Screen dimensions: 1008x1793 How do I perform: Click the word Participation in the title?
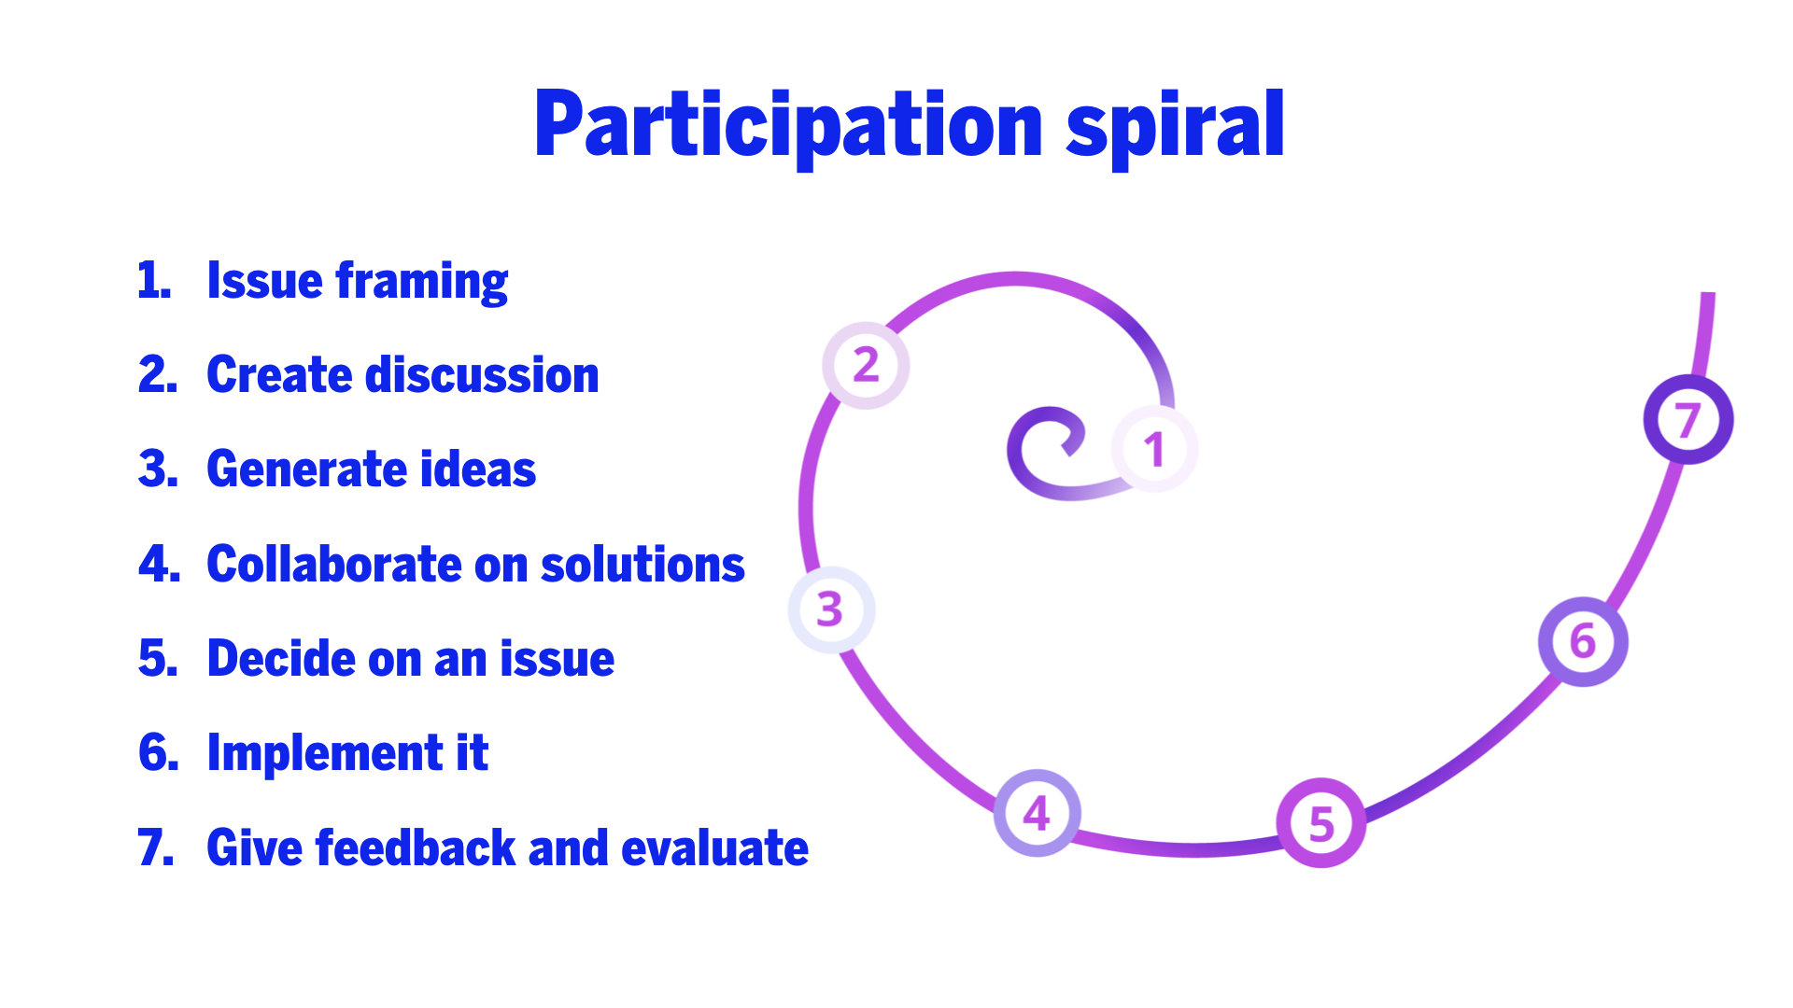788,126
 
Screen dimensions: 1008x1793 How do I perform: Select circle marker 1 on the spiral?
1154,449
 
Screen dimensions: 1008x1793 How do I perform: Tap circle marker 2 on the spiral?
866,365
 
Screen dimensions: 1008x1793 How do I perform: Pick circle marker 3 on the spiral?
831,609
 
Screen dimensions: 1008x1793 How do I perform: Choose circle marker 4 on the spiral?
1037,813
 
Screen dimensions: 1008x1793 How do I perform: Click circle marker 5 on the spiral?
1320,823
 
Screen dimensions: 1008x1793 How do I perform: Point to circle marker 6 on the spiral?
1583,642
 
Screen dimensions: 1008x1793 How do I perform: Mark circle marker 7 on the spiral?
1687,420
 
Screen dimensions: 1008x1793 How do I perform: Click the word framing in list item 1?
422,281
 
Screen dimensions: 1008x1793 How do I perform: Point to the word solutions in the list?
642,565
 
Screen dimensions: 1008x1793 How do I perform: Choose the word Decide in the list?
280,659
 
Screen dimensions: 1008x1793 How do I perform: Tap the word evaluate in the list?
714,848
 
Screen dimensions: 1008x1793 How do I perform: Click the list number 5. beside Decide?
158,659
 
